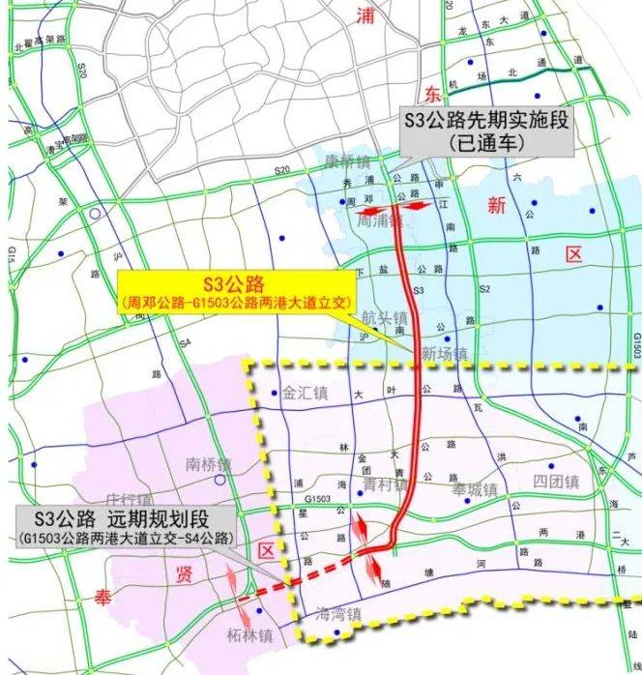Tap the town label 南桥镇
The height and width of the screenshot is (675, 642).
209,464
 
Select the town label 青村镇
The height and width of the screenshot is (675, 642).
384,484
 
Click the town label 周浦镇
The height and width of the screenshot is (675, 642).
379,221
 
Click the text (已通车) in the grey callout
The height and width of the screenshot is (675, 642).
486,141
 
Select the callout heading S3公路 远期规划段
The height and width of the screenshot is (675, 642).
122,518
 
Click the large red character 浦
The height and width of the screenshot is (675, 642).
365,15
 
